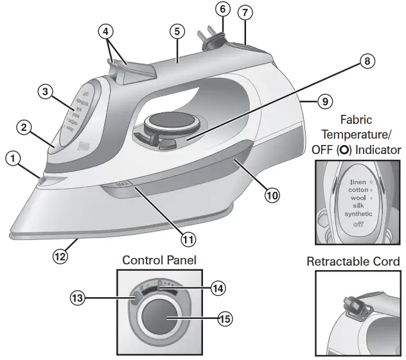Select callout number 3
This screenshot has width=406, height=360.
(44, 92)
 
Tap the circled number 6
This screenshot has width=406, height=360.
(222, 10)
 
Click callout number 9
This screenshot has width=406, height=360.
(324, 101)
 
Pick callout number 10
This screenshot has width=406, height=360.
(272, 195)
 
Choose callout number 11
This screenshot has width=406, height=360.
(188, 239)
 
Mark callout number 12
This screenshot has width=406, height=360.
(60, 255)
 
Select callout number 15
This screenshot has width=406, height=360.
(224, 318)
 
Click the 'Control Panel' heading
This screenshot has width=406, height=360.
(159, 261)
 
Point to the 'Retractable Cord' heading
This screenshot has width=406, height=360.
(353, 262)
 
